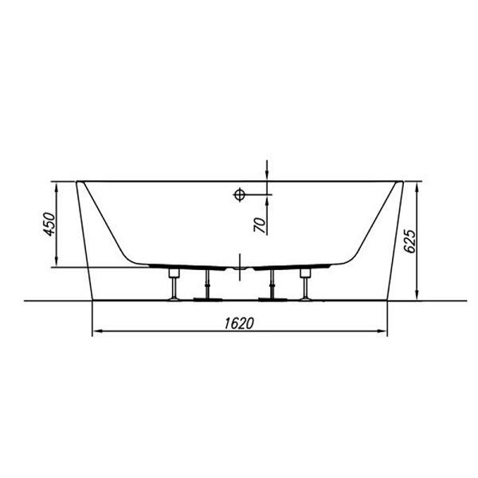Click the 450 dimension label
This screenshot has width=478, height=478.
pyautogui.click(x=49, y=224)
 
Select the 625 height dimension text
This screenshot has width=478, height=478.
pyautogui.click(x=409, y=241)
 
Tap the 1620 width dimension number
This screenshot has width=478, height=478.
pyautogui.click(x=239, y=323)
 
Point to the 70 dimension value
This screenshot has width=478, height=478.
pyautogui.click(x=260, y=225)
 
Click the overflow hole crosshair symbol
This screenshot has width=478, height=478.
pyautogui.click(x=239, y=194)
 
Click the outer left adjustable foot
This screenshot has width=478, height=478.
pyautogui.click(x=174, y=284)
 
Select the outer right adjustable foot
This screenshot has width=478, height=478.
pyautogui.click(x=305, y=284)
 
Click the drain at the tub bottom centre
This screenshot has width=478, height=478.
pyautogui.click(x=240, y=268)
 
